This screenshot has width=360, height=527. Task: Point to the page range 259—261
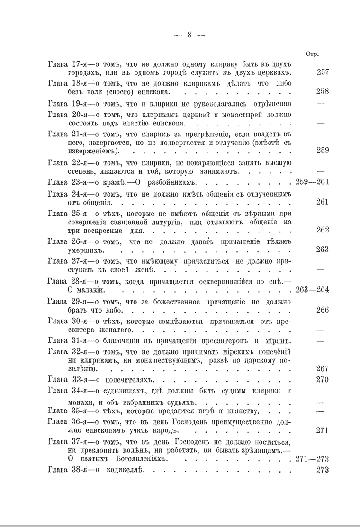point(312,182)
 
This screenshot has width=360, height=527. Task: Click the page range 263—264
point(312,289)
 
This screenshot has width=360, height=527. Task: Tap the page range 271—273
point(312,459)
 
